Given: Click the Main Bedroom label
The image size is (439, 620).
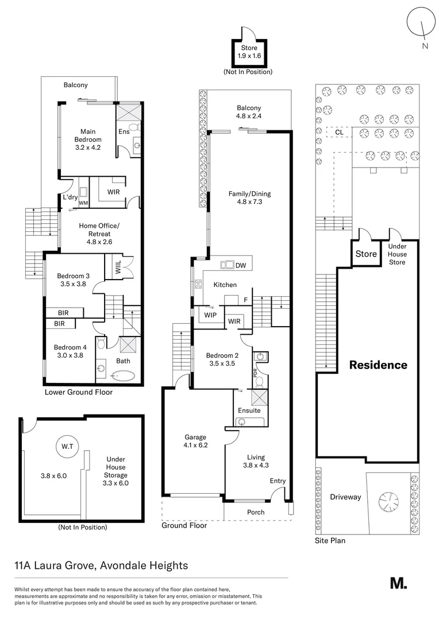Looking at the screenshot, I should click(x=87, y=139).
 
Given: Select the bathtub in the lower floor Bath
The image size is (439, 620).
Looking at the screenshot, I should click(x=122, y=377).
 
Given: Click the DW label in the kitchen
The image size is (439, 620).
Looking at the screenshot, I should click(x=240, y=265).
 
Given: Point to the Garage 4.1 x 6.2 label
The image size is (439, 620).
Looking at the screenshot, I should click(x=195, y=441).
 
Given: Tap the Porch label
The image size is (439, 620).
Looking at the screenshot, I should click(x=256, y=512).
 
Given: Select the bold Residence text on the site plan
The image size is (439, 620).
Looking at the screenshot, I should click(x=378, y=365).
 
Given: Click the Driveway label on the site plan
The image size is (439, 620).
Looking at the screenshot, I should click(x=345, y=497).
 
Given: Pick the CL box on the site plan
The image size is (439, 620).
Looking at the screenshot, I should click(x=338, y=133).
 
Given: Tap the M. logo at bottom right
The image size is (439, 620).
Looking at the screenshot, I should click(x=398, y=583).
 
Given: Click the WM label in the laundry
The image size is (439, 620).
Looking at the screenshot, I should click(x=83, y=203).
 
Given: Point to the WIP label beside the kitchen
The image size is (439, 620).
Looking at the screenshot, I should click(x=208, y=315).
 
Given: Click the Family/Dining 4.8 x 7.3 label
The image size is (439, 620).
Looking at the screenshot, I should click(x=249, y=198).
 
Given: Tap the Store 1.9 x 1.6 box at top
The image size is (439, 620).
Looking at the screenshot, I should click(x=249, y=52).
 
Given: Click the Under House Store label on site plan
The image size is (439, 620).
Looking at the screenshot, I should click(x=397, y=254).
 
